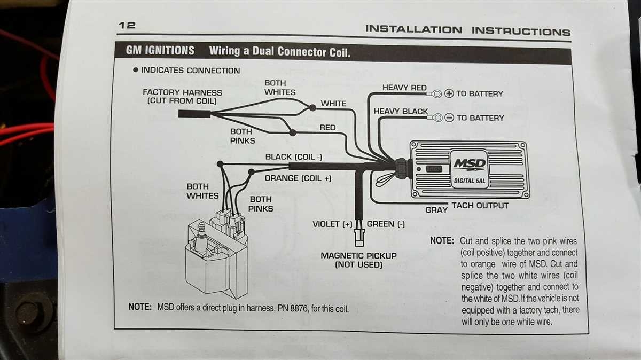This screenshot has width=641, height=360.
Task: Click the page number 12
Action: click(127, 25)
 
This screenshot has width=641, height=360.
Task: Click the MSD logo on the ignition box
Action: click(470, 163)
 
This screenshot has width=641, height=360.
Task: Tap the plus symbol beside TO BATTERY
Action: click(449, 94)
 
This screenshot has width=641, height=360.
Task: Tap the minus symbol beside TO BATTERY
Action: click(449, 118)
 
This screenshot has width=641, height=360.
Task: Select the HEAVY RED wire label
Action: click(404, 88)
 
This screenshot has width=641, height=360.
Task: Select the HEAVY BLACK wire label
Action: click(401, 111)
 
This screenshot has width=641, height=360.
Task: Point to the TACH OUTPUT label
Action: click(480, 206)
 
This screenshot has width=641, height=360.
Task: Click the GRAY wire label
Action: click(436, 210)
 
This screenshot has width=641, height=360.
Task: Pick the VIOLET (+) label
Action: click(333, 224)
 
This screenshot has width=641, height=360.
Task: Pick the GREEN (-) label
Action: click(385, 224)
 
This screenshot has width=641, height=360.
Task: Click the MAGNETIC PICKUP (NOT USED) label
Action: click(358, 260)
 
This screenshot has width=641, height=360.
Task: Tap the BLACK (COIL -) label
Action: click(294, 157)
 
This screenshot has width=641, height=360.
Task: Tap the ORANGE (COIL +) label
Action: click(298, 178)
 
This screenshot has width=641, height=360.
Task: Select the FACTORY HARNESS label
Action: click(182, 96)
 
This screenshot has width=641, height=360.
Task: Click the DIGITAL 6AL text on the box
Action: click(468, 181)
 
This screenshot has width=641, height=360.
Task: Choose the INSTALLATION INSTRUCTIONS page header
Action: click(467, 30)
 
